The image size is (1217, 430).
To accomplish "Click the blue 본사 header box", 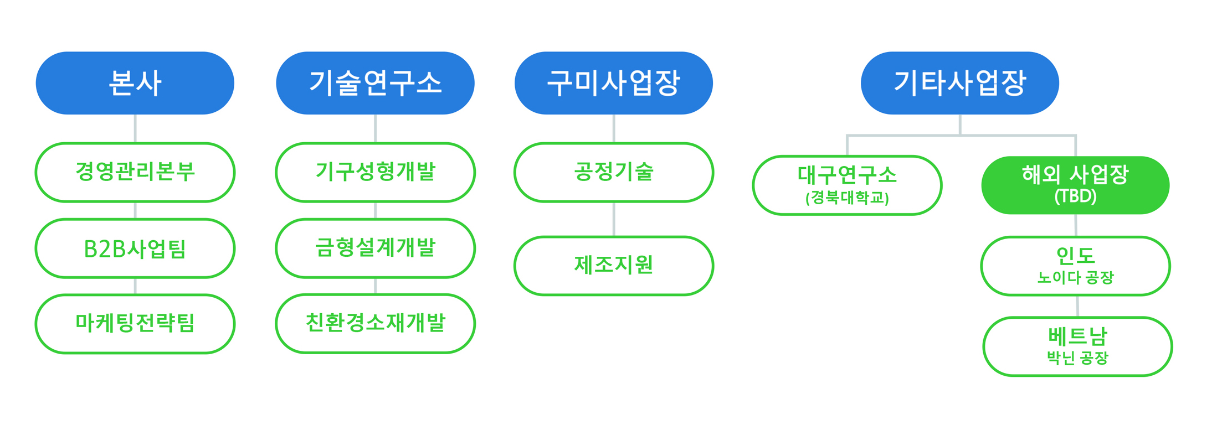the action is coord(135,83).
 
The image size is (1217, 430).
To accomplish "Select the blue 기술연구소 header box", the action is coord(375,83).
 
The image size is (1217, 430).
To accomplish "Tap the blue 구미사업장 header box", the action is coord(614,83).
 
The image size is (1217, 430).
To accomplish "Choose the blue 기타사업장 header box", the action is coord(960,83).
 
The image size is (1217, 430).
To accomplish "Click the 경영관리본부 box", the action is coord(135,172).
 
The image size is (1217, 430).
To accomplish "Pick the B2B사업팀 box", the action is coord(135,248).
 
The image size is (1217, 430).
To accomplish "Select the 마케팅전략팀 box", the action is coord(135,324).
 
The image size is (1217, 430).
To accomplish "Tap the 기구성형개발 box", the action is coord(376,172).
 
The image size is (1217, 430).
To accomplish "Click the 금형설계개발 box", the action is coord(376,248).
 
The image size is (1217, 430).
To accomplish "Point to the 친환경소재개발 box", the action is coord(376,324).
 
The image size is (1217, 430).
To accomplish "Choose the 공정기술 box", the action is coord(614,172).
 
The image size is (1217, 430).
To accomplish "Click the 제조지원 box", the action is coord(614,266).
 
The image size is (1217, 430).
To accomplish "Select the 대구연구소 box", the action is coord(848,185).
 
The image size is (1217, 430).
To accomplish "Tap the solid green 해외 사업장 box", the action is coord(1075,185).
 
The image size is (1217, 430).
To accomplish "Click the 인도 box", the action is coord(1076,266).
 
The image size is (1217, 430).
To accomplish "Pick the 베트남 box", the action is coord(1078,346).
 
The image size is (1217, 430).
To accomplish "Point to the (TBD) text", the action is coord(1075,196).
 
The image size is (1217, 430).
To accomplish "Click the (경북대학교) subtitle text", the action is coord(848,198).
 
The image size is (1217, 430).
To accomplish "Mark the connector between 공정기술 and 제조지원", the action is coord(614,219).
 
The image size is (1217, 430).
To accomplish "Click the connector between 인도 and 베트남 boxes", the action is coord(1077,307).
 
